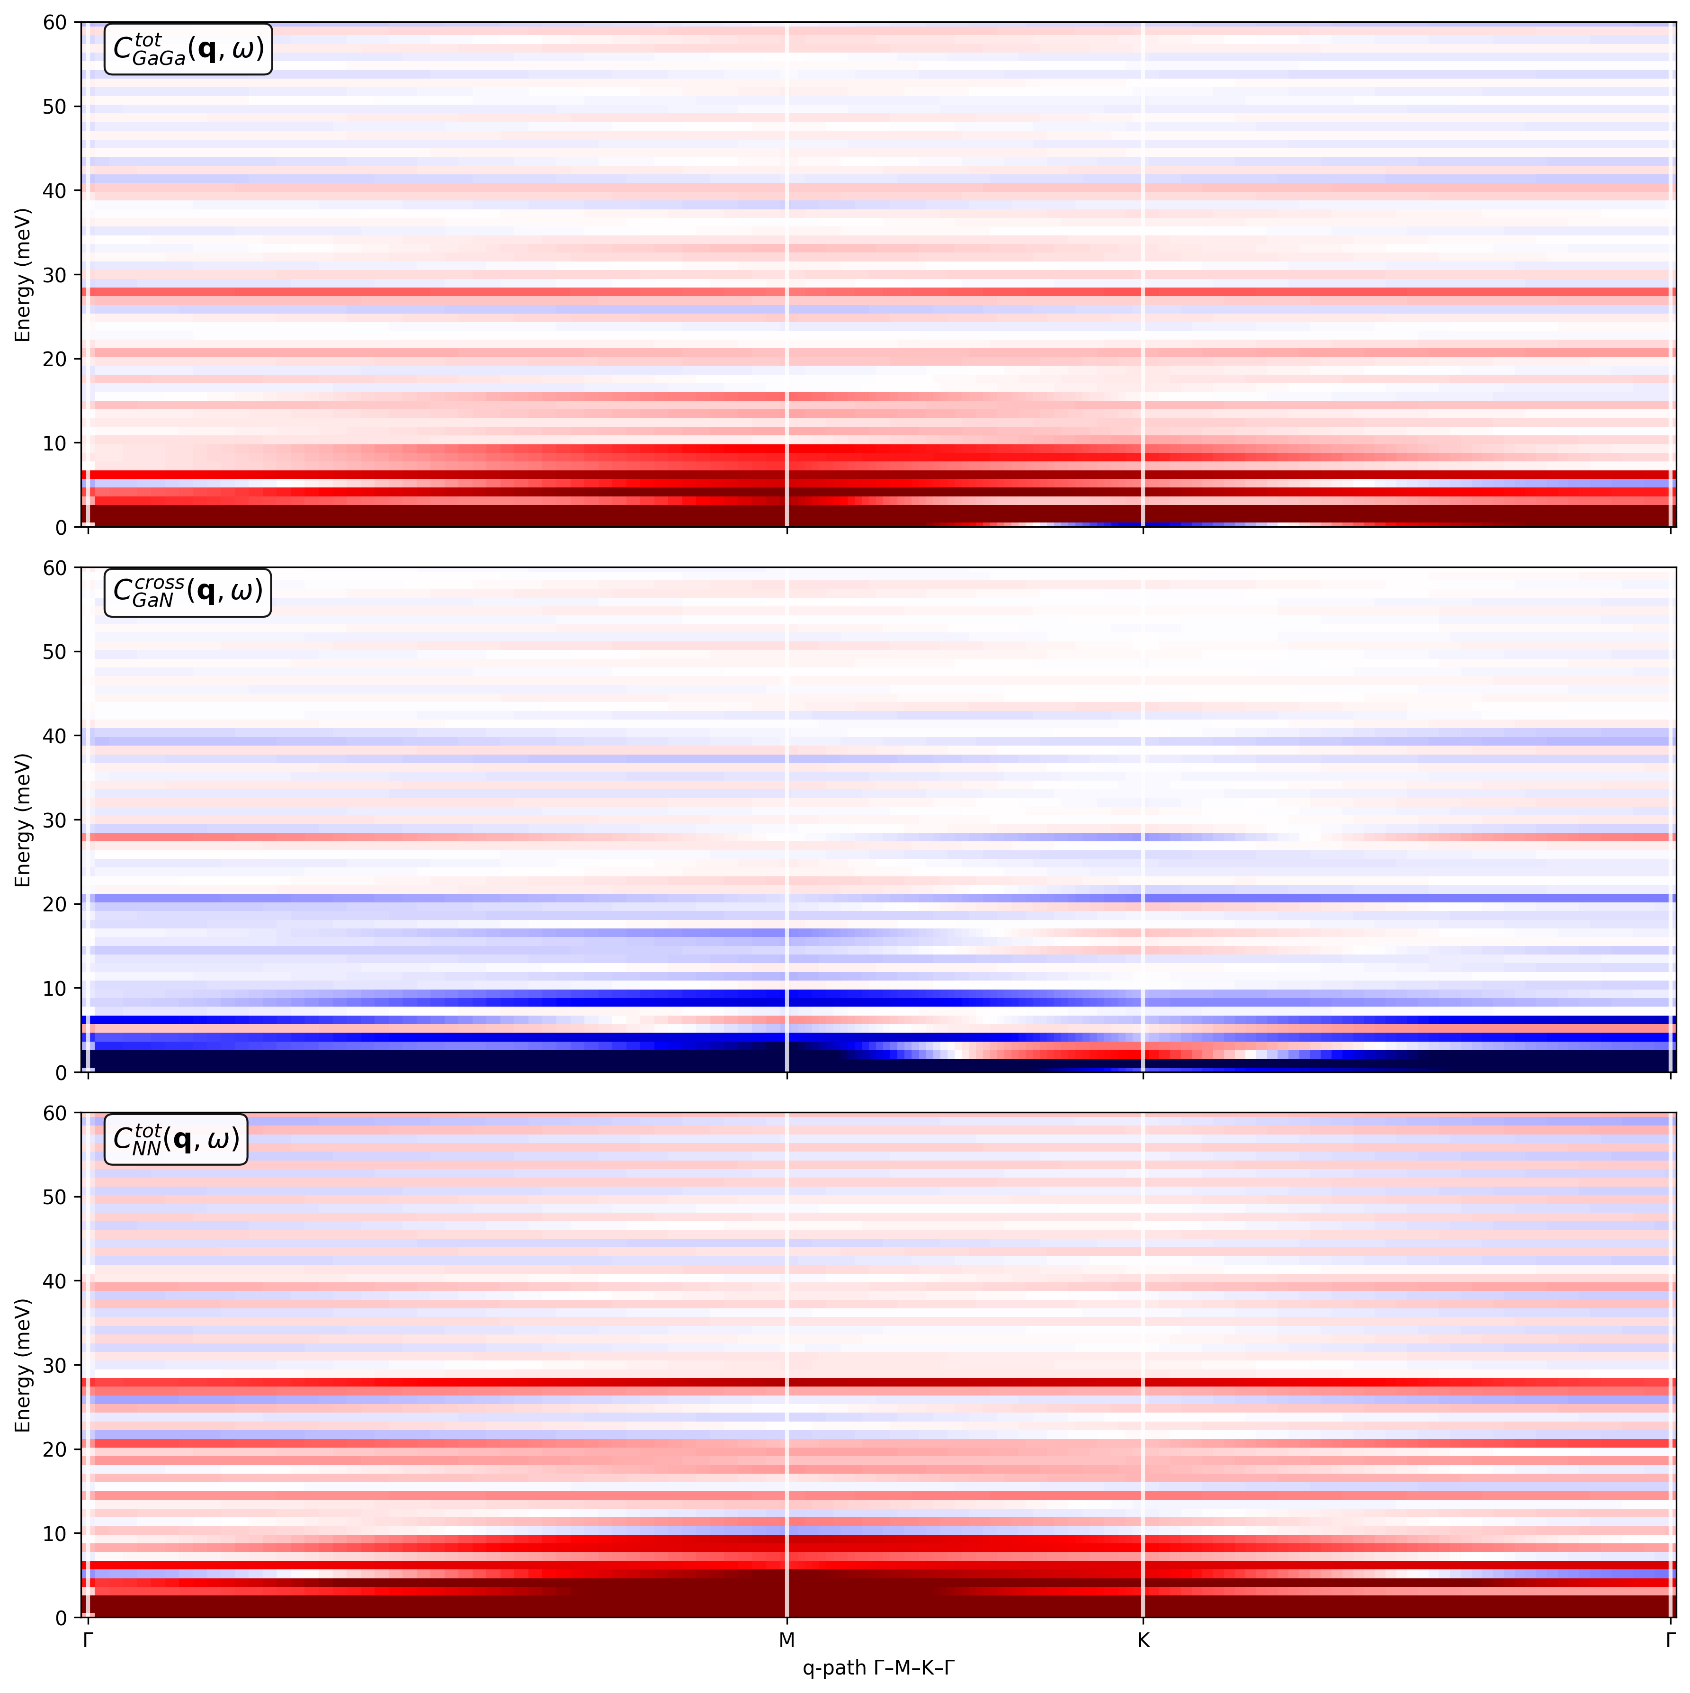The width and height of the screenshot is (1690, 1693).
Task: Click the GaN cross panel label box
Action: tap(188, 593)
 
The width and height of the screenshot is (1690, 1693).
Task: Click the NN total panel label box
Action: tap(175, 1139)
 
